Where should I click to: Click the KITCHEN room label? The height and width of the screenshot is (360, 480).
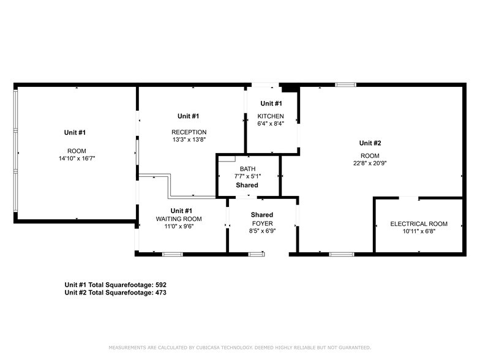tap(271, 116)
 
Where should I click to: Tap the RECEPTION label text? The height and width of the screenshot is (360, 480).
tap(189, 132)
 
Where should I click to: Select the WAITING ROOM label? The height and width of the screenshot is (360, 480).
tap(179, 219)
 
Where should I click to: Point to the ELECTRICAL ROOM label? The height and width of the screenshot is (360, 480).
tap(419, 224)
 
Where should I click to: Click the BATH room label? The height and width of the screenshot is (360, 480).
tap(247, 168)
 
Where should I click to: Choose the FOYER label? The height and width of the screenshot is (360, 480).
tap(261, 223)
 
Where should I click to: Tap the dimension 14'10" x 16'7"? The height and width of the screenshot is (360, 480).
tap(77, 159)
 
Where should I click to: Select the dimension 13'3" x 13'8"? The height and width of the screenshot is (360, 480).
tap(189, 140)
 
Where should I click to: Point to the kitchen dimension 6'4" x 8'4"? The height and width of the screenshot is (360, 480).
tap(271, 123)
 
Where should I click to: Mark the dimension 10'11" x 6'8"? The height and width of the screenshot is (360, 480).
tap(419, 231)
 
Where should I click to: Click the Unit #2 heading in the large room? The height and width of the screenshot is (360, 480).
tap(370, 143)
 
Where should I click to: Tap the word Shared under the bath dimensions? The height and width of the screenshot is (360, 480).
tap(247, 185)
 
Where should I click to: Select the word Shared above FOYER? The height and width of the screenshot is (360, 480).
tap(261, 215)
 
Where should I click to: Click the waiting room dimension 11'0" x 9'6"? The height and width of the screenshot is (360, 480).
tap(179, 226)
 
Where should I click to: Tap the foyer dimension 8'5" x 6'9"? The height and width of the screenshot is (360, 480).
tap(261, 231)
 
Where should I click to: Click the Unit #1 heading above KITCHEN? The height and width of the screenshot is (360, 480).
tap(271, 103)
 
